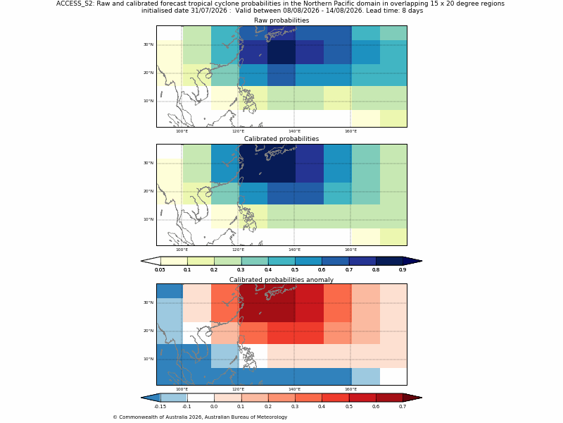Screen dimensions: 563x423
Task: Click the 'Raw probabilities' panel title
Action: coord(281,20)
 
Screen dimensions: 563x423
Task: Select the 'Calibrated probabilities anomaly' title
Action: coord(281,280)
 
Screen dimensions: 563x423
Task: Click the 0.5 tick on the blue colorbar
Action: coord(295,269)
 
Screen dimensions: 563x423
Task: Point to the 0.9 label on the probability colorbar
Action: coord(403,269)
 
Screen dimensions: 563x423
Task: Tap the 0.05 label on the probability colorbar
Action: coord(160,269)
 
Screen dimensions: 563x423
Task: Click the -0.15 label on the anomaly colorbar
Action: coord(160,407)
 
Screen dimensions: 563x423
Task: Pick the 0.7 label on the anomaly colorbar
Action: coord(403,407)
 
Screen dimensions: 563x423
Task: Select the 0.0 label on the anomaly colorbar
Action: coord(214,407)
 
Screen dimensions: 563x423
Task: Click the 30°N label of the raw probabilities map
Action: coord(148,44)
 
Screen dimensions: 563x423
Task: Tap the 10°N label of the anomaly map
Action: coord(148,359)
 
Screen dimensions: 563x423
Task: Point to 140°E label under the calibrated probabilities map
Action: coord(294,250)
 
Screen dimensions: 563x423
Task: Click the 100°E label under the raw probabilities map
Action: coord(182,131)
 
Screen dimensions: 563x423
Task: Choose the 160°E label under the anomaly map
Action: coord(350,389)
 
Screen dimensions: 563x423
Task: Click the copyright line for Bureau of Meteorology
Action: coord(200,417)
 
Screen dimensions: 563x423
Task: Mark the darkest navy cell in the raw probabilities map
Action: coord(281,52)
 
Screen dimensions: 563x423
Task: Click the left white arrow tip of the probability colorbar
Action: coord(141,261)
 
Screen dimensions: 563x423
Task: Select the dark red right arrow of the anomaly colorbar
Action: coord(412,398)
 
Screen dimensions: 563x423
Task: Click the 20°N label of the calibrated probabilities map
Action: coord(148,191)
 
